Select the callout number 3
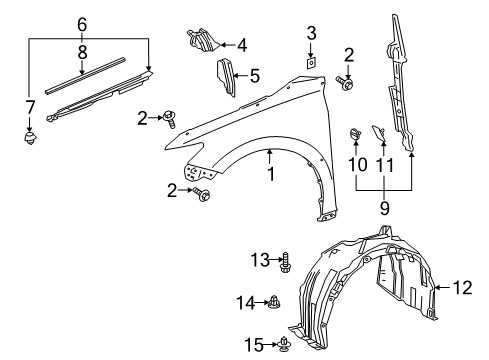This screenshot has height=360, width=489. pos(311,31)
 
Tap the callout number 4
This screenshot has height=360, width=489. pos(240,44)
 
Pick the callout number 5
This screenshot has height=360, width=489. pos(254,75)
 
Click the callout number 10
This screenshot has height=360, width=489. pos(356,163)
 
